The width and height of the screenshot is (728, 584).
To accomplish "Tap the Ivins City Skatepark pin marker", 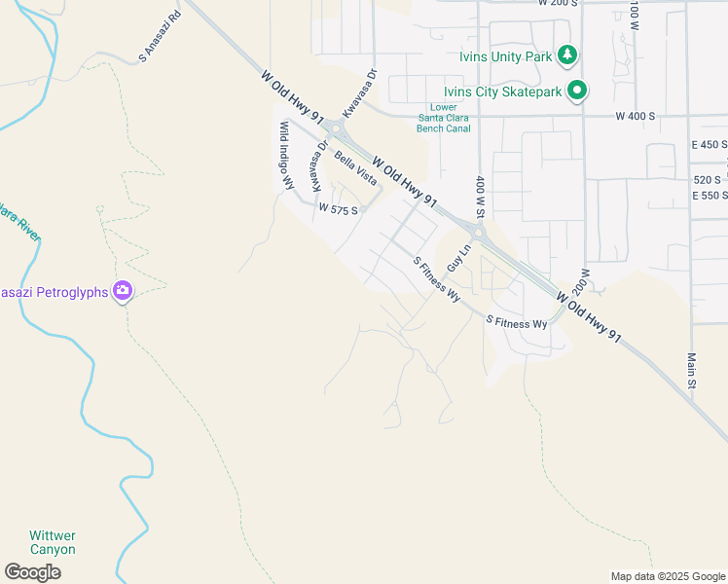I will click(578, 91).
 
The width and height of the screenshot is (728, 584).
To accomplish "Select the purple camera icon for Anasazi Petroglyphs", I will click(123, 290).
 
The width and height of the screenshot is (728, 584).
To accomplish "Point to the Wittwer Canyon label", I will click(52, 542).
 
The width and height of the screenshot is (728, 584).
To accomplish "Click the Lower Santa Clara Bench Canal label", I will click(443, 118).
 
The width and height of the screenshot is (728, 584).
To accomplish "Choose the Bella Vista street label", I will click(354, 168).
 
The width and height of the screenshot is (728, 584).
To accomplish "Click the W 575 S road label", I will click(339, 209).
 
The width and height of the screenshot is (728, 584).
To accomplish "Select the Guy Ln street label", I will click(457, 258).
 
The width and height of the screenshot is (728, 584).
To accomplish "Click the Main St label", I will click(692, 371).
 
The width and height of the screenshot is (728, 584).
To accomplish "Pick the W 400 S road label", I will click(636, 116).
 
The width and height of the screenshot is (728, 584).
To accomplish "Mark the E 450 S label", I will click(710, 144).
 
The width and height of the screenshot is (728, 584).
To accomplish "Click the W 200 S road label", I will click(559, 3).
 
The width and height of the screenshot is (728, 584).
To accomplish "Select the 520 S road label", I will click(708, 179).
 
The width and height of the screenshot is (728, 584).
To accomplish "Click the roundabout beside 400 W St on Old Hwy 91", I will click(477, 231).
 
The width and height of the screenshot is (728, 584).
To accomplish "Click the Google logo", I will click(33, 572).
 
